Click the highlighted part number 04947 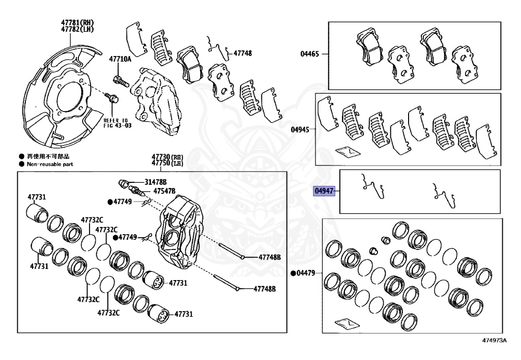coord(324,191)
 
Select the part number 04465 coord(310,54)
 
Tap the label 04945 coord(300,129)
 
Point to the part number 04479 coord(307,273)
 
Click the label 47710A coord(120,59)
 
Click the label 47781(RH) coord(78,22)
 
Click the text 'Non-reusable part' coord(50,164)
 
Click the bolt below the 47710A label coord(119,79)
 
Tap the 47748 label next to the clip coord(243,53)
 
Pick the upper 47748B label coord(270,258)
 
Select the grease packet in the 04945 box coord(348,151)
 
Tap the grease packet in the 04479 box coord(348,323)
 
